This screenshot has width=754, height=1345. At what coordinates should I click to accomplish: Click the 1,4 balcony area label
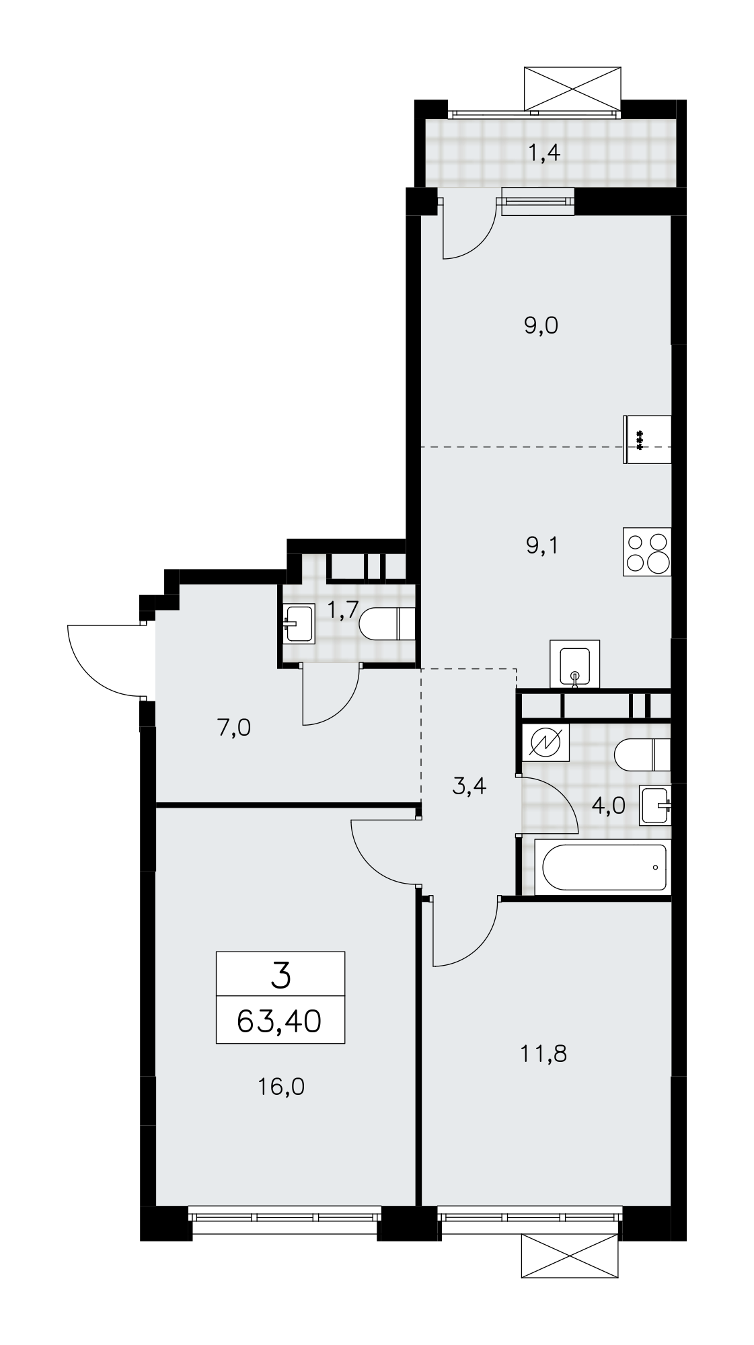(544, 154)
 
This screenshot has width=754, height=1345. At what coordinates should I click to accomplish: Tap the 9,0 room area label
(541, 326)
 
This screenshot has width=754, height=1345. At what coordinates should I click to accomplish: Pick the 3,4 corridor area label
(469, 785)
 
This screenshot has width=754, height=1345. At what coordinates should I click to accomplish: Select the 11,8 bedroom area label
(543, 1053)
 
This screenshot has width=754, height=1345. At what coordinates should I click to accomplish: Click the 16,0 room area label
(281, 1086)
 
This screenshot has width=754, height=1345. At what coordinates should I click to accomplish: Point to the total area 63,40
(279, 1022)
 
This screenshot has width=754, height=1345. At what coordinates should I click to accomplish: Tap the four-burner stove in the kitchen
(647, 551)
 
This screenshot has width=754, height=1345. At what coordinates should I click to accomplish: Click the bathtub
(603, 867)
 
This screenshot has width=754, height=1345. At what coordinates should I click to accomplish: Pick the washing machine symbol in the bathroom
(546, 742)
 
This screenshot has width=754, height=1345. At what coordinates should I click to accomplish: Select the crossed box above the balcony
(572, 88)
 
